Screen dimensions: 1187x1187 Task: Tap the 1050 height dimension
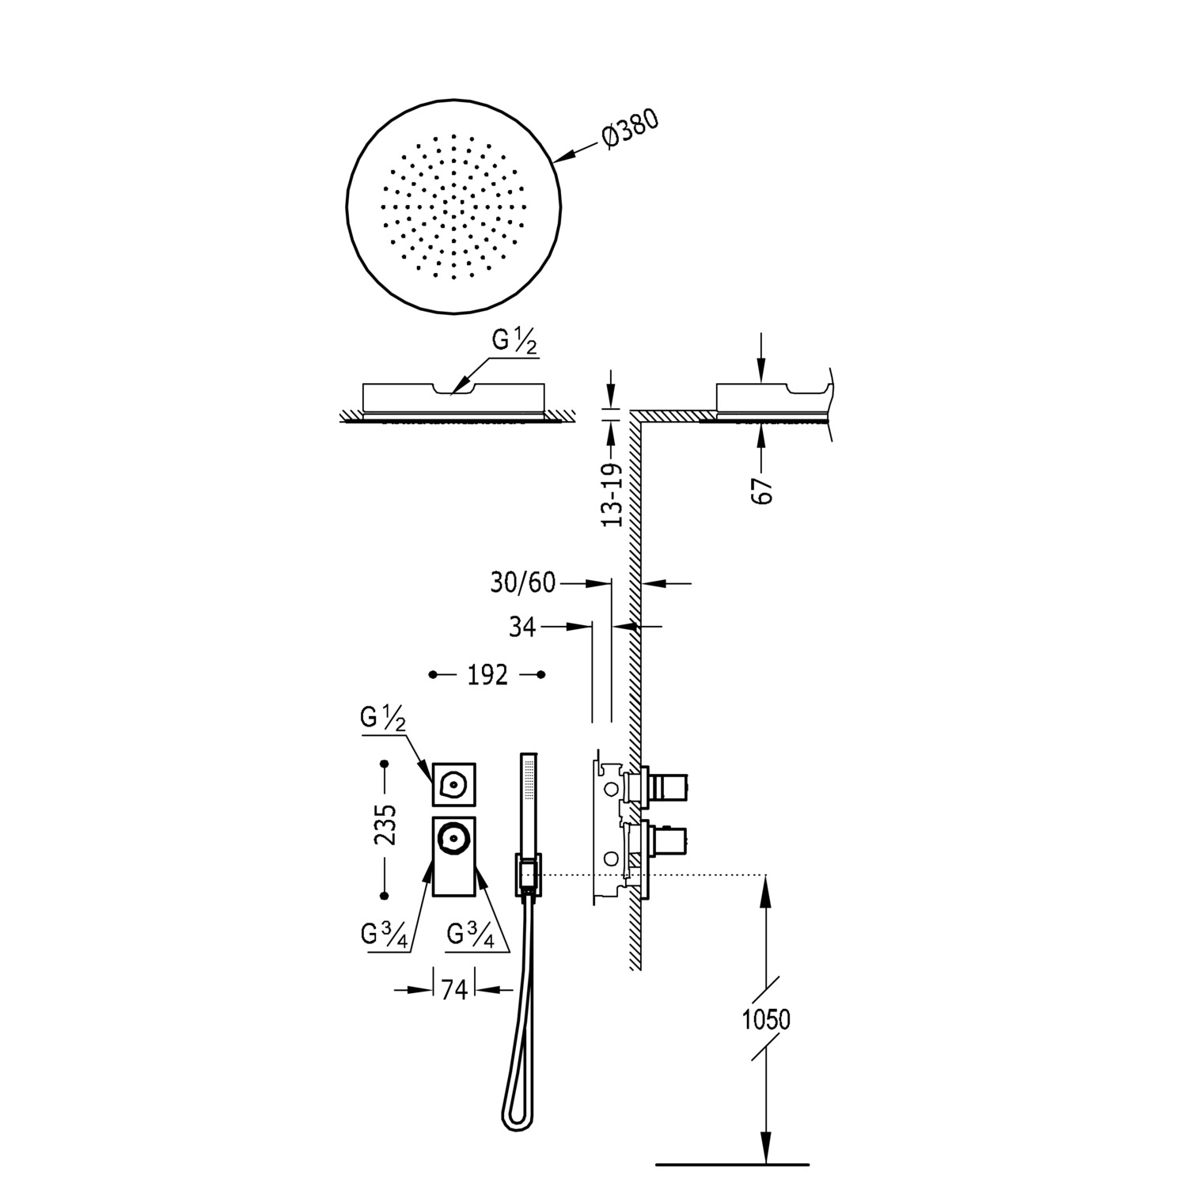(766, 1019)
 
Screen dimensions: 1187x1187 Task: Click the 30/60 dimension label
(522, 583)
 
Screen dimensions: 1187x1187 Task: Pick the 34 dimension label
(522, 627)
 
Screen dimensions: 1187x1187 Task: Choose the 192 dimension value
(487, 675)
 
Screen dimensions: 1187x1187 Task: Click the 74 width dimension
(454, 989)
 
